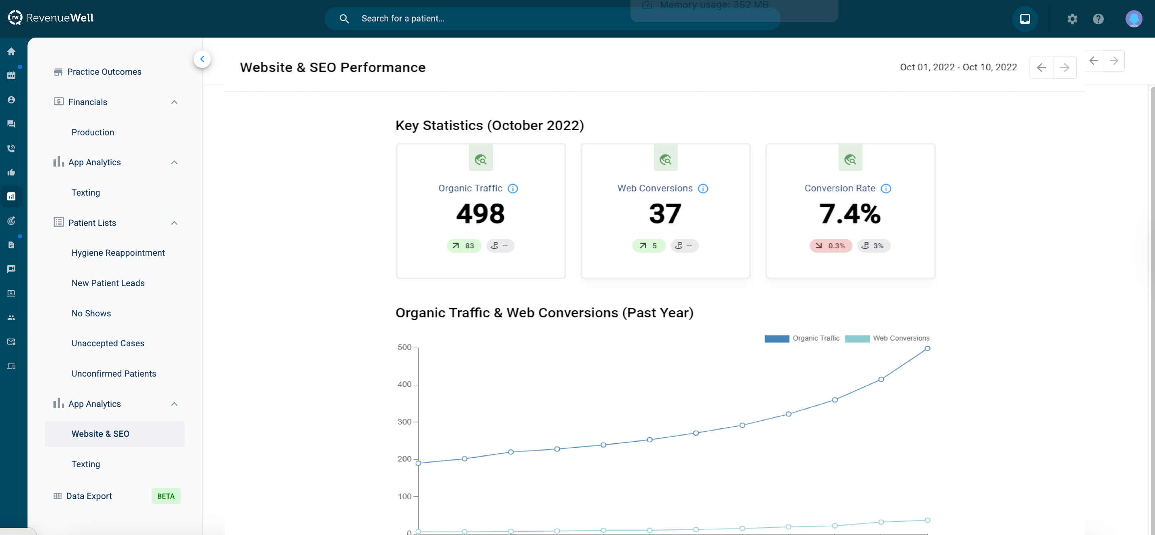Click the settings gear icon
1072,19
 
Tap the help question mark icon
1098,19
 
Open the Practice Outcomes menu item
104,72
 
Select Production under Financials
93,132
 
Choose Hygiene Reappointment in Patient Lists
118,253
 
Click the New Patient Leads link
108,283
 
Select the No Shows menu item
91,313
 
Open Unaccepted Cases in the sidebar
108,343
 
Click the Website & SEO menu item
100,434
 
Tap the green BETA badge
166,496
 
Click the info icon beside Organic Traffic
512,189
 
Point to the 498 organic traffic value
480,214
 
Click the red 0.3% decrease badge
831,246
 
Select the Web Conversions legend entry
900,338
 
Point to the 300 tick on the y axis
404,421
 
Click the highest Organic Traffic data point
927,349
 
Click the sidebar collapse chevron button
202,59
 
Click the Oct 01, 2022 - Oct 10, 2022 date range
958,67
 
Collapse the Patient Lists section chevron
174,223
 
